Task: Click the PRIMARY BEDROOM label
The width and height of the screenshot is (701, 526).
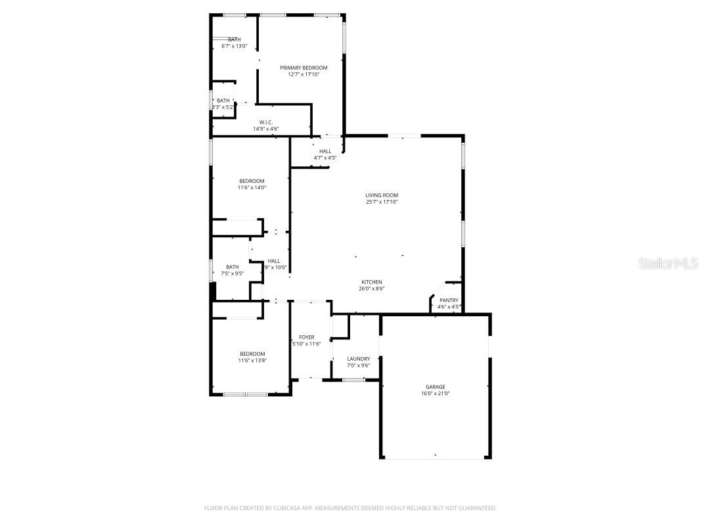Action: pyautogui.click(x=304, y=68)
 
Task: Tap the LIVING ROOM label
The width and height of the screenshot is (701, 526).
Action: pyautogui.click(x=382, y=195)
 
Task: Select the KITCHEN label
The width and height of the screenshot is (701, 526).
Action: pyautogui.click(x=372, y=282)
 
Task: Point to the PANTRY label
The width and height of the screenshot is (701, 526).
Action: pyautogui.click(x=449, y=300)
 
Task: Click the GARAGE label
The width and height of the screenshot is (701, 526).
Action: pyautogui.click(x=435, y=387)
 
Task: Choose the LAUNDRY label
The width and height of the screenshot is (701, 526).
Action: pyautogui.click(x=359, y=359)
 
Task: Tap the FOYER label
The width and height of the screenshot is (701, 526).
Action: pyautogui.click(x=306, y=337)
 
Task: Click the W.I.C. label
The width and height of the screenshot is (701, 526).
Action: pyautogui.click(x=266, y=122)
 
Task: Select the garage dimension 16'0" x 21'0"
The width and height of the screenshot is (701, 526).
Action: pyautogui.click(x=435, y=393)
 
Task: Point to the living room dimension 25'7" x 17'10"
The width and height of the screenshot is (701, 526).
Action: pyautogui.click(x=382, y=202)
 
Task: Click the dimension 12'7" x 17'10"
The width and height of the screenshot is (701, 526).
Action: pyautogui.click(x=304, y=74)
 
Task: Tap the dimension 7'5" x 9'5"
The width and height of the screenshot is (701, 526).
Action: pyautogui.click(x=233, y=274)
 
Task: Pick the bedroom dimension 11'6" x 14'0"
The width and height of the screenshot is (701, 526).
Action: pyautogui.click(x=252, y=187)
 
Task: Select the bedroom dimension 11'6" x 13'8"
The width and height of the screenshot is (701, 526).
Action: pyautogui.click(x=252, y=360)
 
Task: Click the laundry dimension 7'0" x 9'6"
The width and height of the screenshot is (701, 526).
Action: pyautogui.click(x=359, y=366)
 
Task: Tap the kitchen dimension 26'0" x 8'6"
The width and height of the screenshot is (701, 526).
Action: pyautogui.click(x=372, y=289)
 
